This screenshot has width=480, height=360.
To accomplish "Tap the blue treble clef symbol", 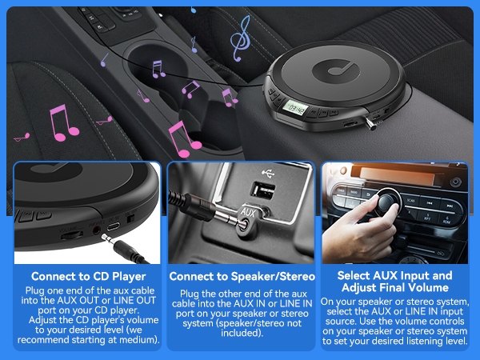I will tap(238, 33).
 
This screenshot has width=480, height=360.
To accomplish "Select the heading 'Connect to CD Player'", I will tap(82, 276).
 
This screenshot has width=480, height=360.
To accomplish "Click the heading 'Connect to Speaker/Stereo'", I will tap(242, 277).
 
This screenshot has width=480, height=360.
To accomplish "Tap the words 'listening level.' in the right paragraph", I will tap(436, 341).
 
